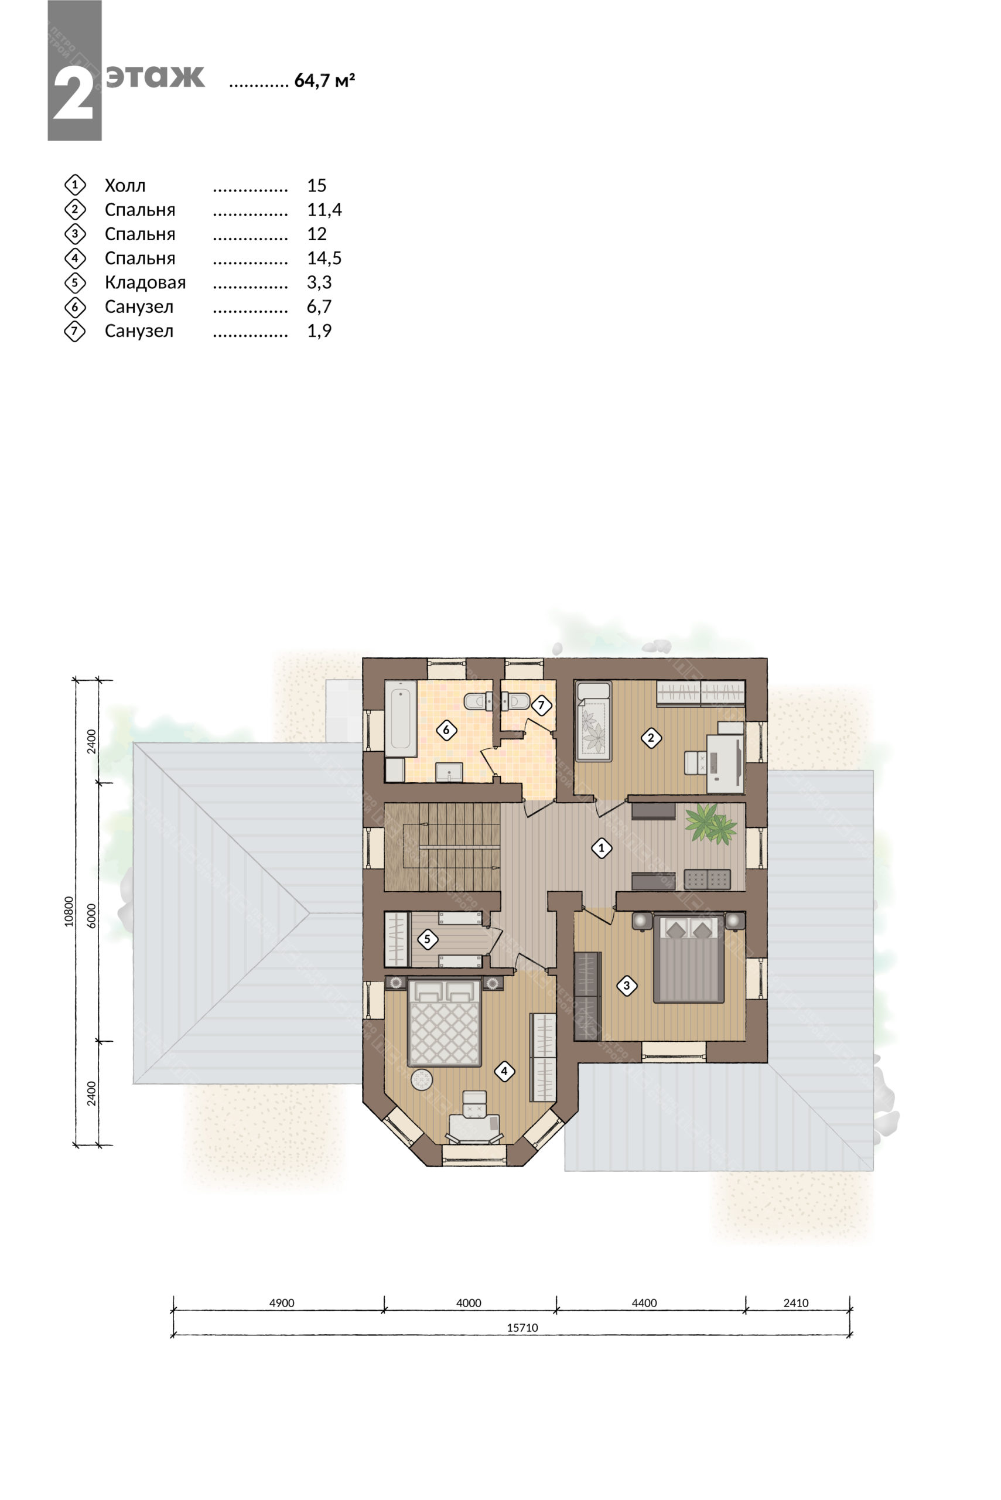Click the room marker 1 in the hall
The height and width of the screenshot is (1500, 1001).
602,848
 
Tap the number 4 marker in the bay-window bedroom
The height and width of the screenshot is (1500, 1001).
504,1071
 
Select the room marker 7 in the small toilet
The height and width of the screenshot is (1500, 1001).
541,705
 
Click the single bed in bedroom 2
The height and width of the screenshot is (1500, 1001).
594,722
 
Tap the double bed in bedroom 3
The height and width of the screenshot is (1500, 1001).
689,958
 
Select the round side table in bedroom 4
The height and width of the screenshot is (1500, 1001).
422,1080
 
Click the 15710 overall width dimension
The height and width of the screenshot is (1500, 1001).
522,1328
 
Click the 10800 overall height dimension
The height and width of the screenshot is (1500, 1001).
69,911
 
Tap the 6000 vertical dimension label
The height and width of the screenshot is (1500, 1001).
92,915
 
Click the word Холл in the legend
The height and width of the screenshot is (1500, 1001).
125,186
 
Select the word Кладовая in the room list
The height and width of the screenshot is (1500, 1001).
146,282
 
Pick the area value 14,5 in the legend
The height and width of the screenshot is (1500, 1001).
324,258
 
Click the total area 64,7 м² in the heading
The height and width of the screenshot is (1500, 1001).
324,80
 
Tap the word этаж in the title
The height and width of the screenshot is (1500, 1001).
155,77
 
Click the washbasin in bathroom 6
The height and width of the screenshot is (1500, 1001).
450,772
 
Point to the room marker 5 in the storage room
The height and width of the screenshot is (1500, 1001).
427,939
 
